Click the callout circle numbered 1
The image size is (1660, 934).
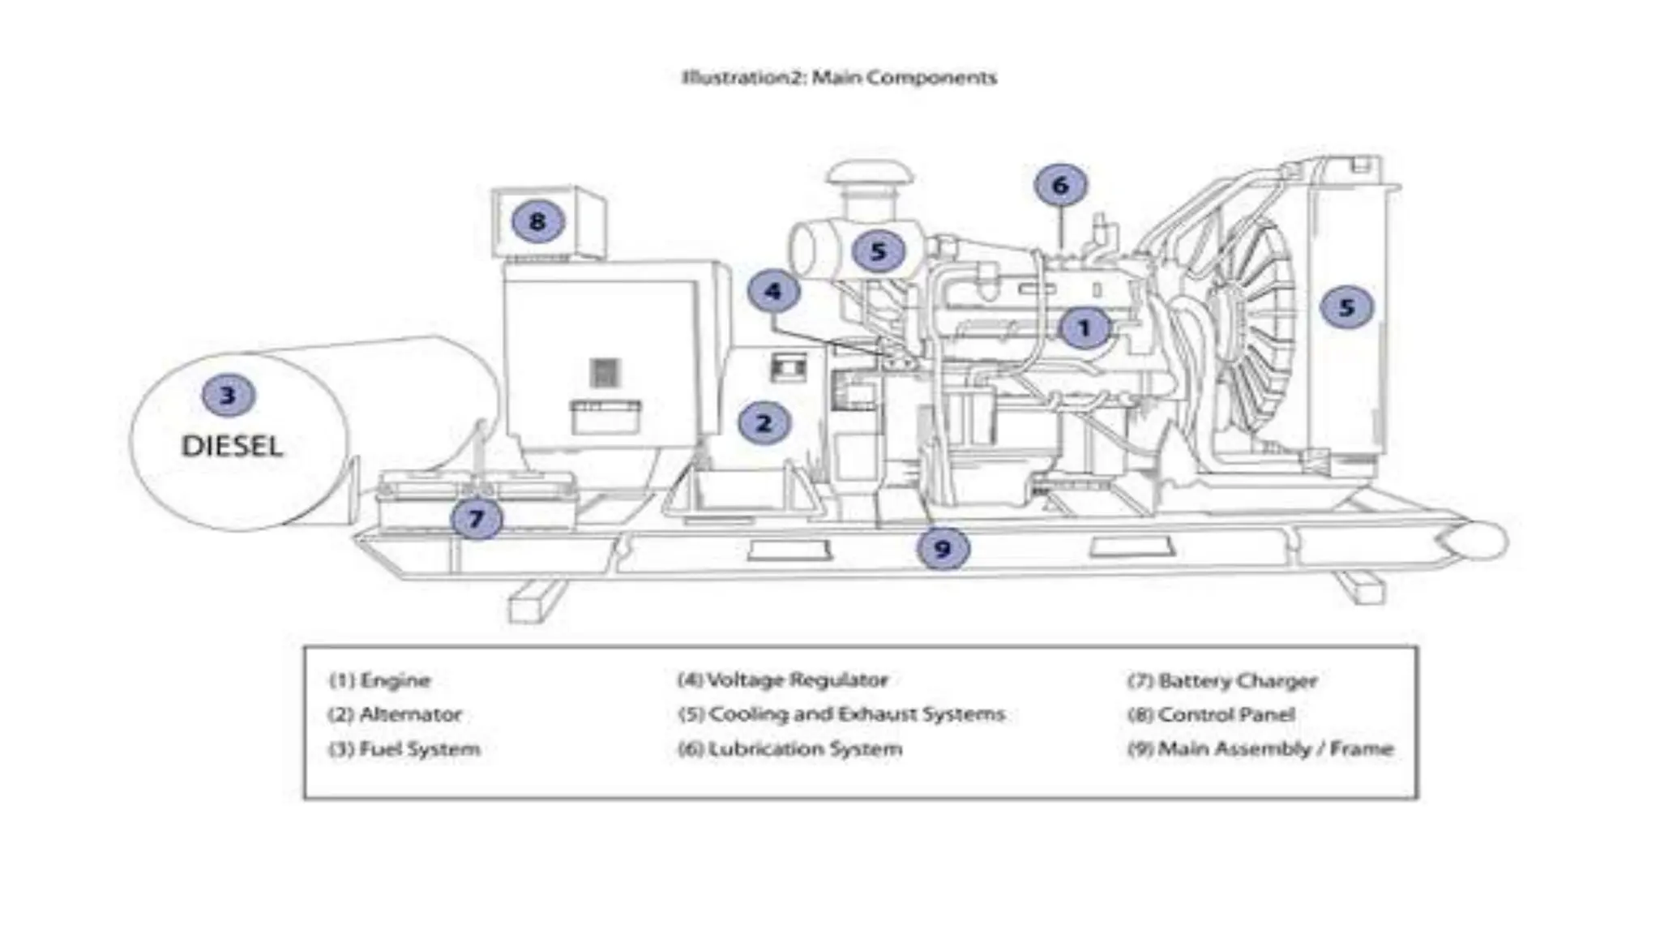(1085, 328)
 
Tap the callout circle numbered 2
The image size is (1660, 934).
(764, 422)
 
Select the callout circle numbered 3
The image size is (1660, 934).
(229, 395)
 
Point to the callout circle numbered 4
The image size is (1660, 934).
(773, 291)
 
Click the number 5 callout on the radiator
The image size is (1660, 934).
(1346, 307)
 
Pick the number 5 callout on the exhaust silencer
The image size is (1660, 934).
(879, 251)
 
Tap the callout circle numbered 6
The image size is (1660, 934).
(1060, 186)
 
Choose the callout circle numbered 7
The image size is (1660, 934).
(477, 518)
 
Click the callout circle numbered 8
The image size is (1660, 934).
(537, 221)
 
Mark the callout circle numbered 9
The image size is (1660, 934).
(943, 549)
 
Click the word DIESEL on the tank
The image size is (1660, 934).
(232, 447)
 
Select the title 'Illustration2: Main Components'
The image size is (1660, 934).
(839, 78)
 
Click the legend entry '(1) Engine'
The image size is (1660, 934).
(379, 680)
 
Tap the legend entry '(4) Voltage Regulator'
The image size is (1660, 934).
(783, 679)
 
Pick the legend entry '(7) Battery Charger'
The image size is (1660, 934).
(1222, 680)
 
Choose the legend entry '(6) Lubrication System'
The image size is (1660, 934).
(790, 748)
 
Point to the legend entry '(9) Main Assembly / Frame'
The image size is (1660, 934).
(1260, 748)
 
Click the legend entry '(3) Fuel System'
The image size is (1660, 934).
(404, 748)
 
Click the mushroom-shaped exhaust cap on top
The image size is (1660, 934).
(870, 174)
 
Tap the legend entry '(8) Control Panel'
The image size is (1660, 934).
(1211, 714)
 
